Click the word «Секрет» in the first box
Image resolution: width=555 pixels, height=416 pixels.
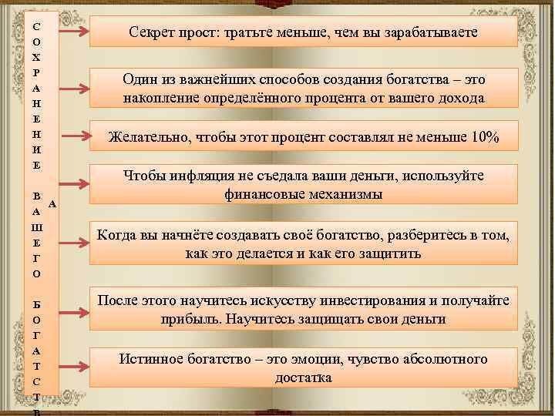(x=152, y=33)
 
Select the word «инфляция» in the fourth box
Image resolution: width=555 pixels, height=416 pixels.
(x=196, y=176)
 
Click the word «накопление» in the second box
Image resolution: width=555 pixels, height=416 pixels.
(x=160, y=98)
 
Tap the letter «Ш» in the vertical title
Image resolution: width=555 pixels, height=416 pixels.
(x=37, y=227)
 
